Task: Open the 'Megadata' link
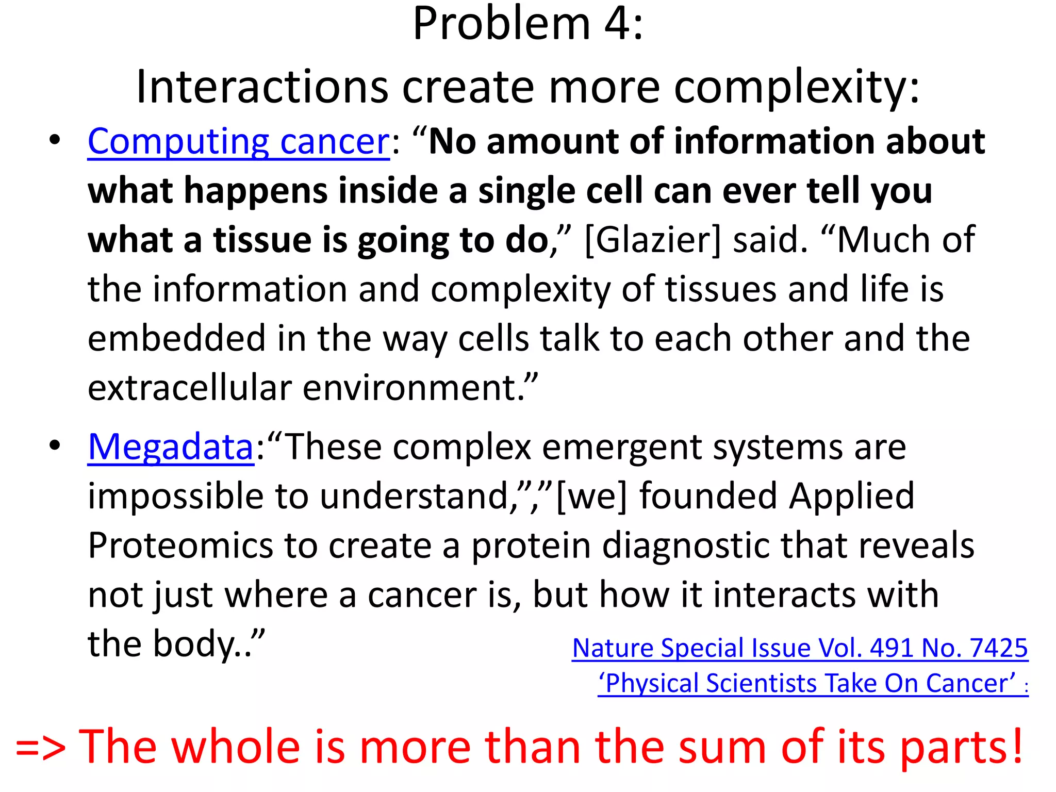click(x=170, y=447)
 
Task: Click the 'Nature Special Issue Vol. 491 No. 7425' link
click(x=800, y=648)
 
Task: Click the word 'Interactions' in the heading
click(x=262, y=87)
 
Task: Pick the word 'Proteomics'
click(x=180, y=546)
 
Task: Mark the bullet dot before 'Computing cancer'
click(x=55, y=140)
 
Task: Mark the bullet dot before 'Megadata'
click(x=55, y=445)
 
